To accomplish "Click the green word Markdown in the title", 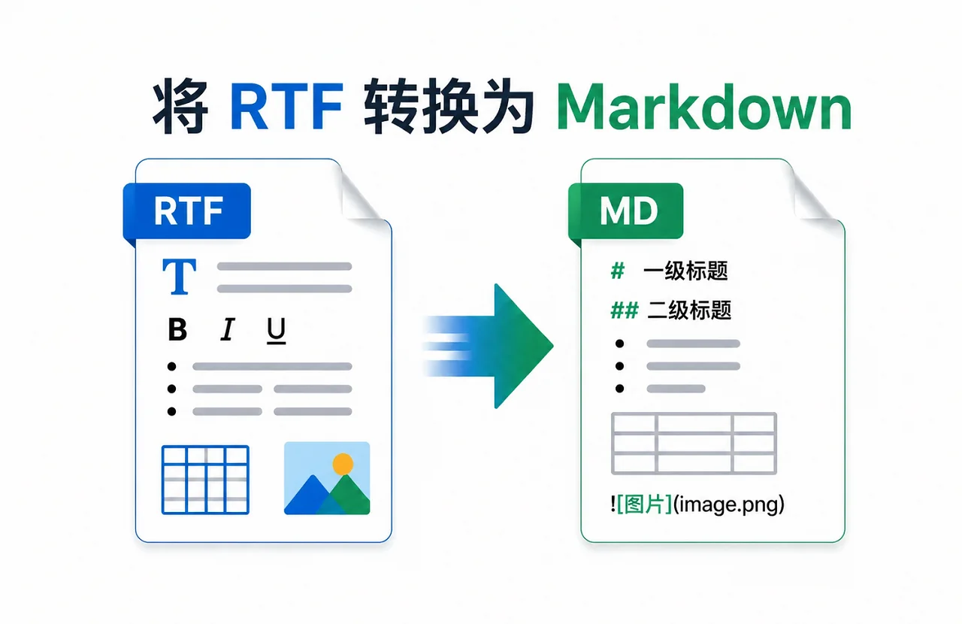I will (x=704, y=109).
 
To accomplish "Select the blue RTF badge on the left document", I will (x=188, y=211).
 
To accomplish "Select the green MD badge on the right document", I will (x=628, y=211).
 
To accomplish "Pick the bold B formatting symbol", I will (x=177, y=330).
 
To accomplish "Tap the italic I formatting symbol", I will (x=226, y=330).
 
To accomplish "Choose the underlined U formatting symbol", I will (x=277, y=330).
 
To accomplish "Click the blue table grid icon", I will (x=205, y=480).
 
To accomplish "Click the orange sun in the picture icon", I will (x=343, y=464).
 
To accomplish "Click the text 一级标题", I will (x=685, y=271).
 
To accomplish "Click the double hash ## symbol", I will (x=624, y=310).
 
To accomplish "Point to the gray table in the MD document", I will (x=694, y=443).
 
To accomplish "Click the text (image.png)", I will (x=729, y=504).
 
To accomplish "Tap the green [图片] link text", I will (x=644, y=504).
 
